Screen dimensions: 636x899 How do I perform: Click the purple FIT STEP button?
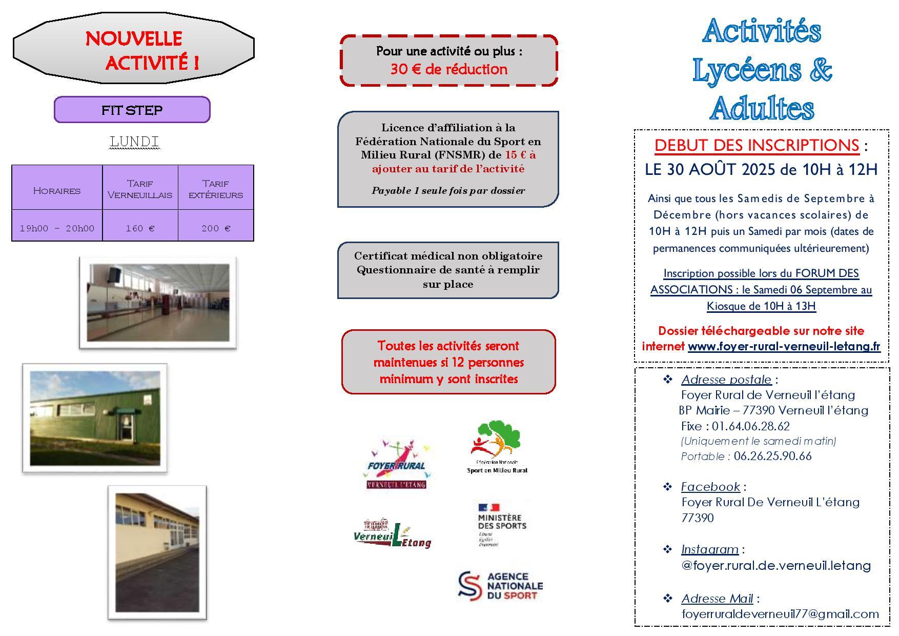tap(132, 110)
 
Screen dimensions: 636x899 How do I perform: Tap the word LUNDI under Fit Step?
tap(134, 142)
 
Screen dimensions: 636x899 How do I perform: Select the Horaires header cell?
tap(57, 190)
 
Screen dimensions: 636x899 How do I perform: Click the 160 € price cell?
tap(140, 228)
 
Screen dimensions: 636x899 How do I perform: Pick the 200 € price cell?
tap(216, 228)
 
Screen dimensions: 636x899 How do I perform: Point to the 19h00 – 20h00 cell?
tap(57, 228)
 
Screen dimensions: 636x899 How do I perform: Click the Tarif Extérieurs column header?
tap(216, 189)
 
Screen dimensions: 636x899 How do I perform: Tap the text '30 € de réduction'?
tap(449, 69)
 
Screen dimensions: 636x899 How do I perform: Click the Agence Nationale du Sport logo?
tap(500, 586)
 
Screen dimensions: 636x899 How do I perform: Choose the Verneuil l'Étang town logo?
tap(392, 534)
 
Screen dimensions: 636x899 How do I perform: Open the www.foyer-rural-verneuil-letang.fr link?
tap(784, 346)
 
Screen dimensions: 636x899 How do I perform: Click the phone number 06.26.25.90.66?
tap(772, 456)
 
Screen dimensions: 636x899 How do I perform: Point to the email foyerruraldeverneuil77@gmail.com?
tap(780, 614)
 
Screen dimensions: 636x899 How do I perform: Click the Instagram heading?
tap(709, 549)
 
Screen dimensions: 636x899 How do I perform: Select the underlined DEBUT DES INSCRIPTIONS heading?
tap(757, 146)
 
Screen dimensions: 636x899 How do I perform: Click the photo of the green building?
tap(95, 418)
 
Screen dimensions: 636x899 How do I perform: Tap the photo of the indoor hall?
tap(158, 303)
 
